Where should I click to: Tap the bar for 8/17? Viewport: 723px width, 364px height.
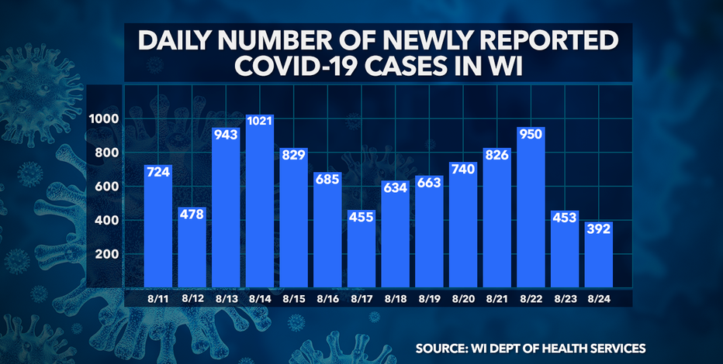[361, 248]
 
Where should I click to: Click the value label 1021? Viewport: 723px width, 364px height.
[260, 122]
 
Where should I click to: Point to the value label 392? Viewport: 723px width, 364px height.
[598, 228]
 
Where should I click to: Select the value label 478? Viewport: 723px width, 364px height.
[192, 214]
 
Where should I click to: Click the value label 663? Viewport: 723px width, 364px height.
[429, 183]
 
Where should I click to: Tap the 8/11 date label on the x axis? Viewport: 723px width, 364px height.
[158, 298]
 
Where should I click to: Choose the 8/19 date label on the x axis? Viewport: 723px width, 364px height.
[429, 298]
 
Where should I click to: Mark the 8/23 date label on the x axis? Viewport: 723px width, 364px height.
[565, 298]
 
